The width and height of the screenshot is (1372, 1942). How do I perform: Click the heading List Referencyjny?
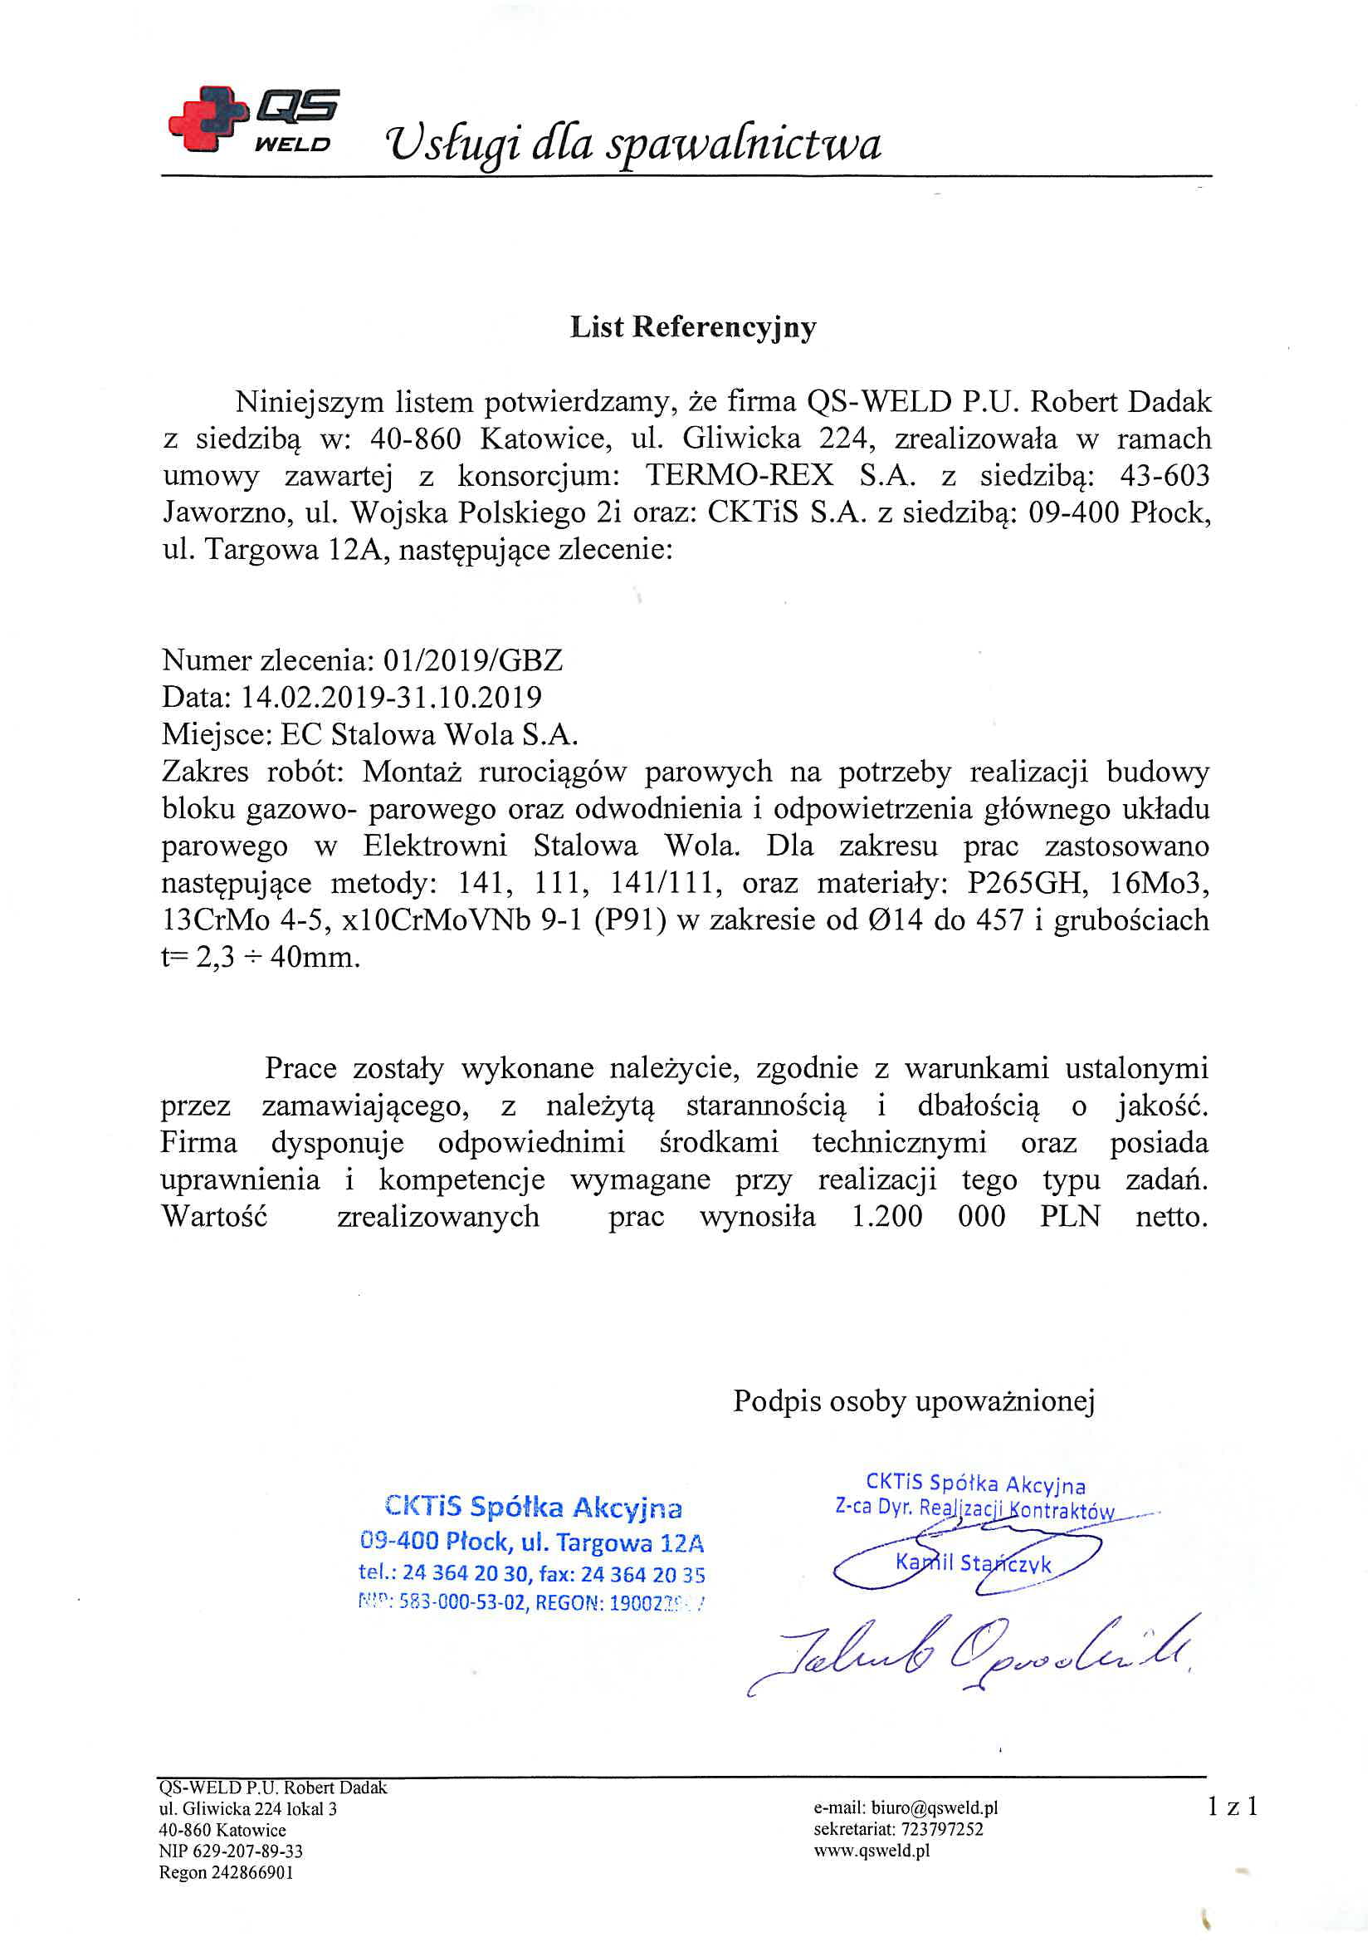pyautogui.click(x=692, y=327)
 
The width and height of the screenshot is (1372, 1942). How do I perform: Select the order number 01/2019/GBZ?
pyautogui.click(x=472, y=660)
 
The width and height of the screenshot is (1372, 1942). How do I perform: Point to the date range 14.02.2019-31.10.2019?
pyautogui.click(x=392, y=697)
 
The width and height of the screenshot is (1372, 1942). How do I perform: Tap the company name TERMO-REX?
pyautogui.click(x=740, y=475)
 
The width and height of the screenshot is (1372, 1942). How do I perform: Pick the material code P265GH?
pyautogui.click(x=1026, y=883)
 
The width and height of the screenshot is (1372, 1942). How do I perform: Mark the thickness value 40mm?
pyautogui.click(x=314, y=959)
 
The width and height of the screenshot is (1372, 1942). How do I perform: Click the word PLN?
pyautogui.click(x=1070, y=1217)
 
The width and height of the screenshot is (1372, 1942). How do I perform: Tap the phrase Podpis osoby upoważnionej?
pyautogui.click(x=914, y=1400)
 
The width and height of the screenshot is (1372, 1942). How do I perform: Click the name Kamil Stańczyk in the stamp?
pyautogui.click(x=973, y=1563)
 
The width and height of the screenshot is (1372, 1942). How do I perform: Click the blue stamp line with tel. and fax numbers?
pyautogui.click(x=532, y=1574)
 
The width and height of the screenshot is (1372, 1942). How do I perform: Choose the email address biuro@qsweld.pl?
pyautogui.click(x=906, y=1807)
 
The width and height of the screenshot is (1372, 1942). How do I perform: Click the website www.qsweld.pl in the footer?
pyautogui.click(x=872, y=1850)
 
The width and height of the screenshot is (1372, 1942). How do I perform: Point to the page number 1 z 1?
pyautogui.click(x=1233, y=1807)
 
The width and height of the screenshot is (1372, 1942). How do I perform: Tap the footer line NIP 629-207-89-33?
pyautogui.click(x=231, y=1851)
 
